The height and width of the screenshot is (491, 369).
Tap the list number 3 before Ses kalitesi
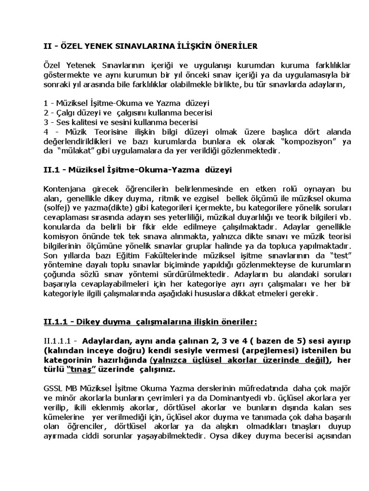click(45, 122)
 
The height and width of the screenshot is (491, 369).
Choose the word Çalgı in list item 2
click(67, 113)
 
